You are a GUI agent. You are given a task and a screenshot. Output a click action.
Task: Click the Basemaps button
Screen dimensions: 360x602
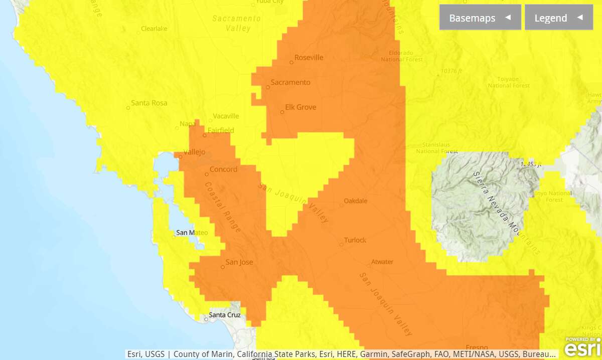tap(480, 18)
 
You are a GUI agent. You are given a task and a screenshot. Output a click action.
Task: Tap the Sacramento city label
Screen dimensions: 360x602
tap(290, 82)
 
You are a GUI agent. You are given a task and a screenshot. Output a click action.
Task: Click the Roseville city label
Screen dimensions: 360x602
tap(309, 58)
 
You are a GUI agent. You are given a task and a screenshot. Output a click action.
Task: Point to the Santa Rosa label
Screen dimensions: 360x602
tap(149, 103)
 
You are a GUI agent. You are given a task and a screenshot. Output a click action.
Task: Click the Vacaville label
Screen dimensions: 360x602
tap(226, 116)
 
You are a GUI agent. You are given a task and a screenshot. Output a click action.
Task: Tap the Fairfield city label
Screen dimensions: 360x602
tap(221, 130)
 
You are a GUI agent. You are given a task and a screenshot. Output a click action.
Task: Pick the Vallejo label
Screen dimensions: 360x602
tap(195, 152)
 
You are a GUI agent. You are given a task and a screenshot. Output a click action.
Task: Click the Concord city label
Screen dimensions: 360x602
tap(223, 169)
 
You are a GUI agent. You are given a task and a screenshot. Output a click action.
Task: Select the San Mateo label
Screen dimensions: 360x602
tap(192, 233)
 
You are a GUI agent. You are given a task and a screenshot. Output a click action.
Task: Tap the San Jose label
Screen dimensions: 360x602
tap(239, 262)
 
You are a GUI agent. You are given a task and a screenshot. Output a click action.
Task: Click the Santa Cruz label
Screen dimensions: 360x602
tap(224, 315)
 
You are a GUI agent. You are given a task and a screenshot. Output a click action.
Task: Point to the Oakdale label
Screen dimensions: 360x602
tap(355, 201)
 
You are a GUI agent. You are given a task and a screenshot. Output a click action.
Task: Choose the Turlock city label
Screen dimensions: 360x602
tap(355, 240)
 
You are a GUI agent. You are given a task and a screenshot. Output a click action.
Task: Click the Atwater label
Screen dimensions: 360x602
tap(382, 262)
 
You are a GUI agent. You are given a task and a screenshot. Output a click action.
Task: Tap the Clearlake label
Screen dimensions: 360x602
tap(154, 29)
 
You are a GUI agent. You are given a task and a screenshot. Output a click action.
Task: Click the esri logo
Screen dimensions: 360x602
tap(583, 347)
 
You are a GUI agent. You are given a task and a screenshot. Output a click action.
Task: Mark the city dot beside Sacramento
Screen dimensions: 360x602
tap(268, 87)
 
